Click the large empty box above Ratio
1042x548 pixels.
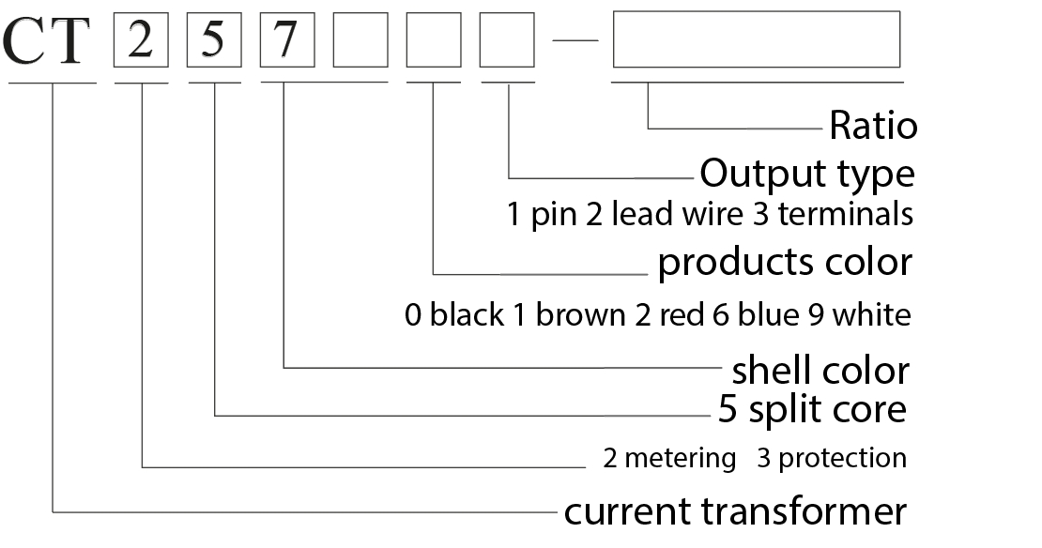coord(756,39)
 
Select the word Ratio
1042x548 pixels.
coord(872,126)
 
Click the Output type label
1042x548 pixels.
coord(806,175)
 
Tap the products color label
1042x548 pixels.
coord(784,263)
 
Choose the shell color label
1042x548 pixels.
coord(820,371)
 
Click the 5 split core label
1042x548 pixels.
coord(812,410)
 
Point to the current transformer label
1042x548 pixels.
coord(735,512)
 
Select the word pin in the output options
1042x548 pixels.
coord(545,215)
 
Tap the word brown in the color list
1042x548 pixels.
coord(578,315)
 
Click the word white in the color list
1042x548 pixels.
coord(871,315)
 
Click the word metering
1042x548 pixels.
coord(680,459)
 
